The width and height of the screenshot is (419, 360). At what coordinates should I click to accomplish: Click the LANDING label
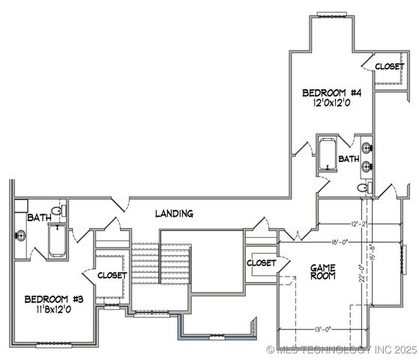coord(174,214)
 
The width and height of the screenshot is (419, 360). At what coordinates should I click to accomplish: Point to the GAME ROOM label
coord(323,271)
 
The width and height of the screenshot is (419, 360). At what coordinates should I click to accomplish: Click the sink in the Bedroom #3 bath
coord(20,235)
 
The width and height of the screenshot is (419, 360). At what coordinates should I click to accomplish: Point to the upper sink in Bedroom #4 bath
coord(366,148)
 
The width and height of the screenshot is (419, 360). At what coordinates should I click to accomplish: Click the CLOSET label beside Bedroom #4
coord(389,67)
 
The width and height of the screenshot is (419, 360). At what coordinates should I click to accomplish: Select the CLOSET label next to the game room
coord(262,263)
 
